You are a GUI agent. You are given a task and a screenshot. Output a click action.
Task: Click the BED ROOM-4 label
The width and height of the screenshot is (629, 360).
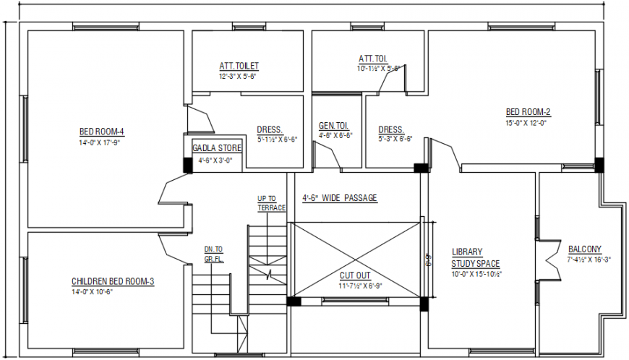[101, 132]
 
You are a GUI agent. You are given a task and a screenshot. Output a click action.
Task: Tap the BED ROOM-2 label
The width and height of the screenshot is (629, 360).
[528, 112]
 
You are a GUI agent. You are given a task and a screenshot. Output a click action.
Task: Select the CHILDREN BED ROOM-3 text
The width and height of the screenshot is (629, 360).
[112, 281]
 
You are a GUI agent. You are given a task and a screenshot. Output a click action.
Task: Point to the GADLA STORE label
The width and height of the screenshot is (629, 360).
[212, 148]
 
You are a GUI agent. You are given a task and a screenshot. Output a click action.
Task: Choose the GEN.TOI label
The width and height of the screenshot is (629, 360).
[333, 125]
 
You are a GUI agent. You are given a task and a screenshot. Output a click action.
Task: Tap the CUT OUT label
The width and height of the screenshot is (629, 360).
[355, 275]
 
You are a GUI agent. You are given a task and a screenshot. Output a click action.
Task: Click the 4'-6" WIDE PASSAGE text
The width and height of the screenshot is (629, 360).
[340, 198]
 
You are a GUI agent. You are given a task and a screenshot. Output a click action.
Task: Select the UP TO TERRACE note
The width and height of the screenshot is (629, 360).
[271, 203]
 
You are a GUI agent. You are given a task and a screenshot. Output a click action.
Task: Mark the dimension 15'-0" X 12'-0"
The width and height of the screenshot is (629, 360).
[526, 123]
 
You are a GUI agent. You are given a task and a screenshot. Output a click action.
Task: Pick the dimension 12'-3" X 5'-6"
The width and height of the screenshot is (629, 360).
[239, 76]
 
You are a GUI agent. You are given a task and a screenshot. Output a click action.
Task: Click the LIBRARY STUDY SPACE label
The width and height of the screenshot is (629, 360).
[476, 258]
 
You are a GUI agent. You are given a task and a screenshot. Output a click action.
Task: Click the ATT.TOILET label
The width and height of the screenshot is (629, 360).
[239, 66]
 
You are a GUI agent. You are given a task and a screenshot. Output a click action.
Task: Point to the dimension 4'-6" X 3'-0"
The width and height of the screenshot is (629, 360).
[215, 160]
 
